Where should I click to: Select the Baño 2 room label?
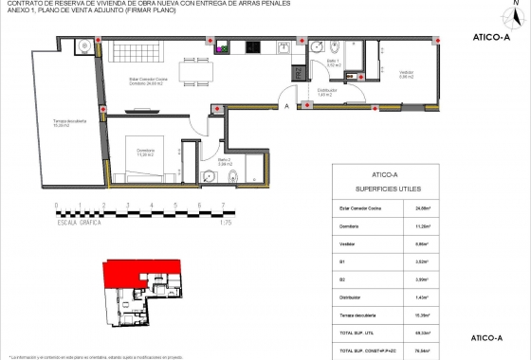coord(224,162)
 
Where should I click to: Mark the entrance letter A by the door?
coord(285,106)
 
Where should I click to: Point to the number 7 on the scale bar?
coord(222,206)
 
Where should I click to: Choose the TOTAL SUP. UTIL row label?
coord(357,333)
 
